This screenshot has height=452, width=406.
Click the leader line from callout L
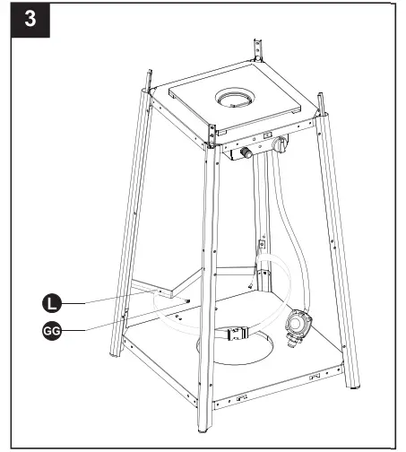(125, 295)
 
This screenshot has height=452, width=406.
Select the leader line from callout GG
(125, 323)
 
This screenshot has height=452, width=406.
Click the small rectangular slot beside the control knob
(268, 135)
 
